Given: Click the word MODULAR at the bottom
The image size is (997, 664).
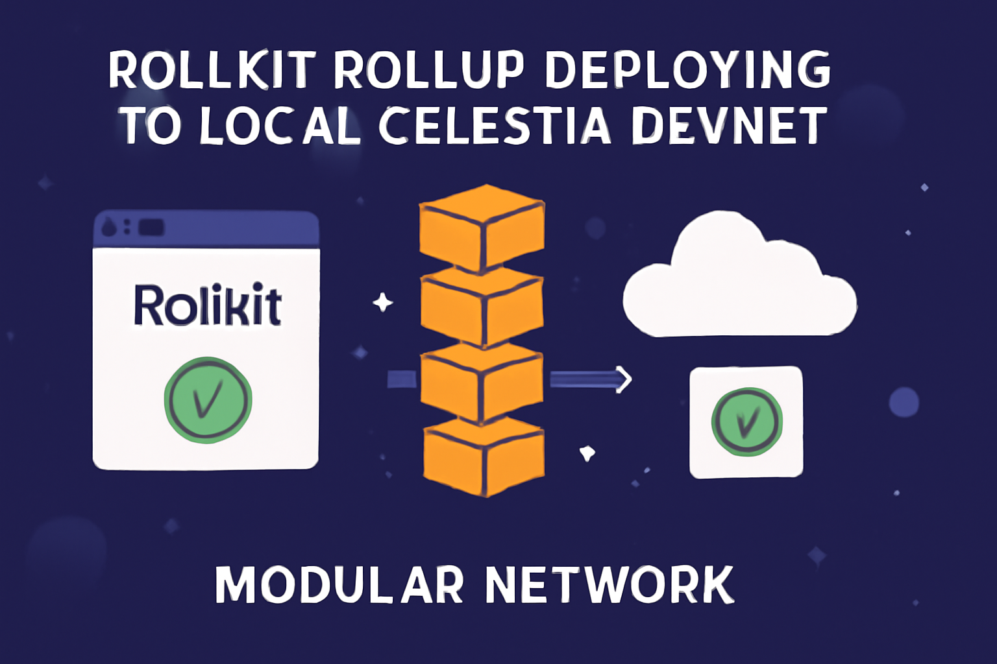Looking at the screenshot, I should coord(339,585).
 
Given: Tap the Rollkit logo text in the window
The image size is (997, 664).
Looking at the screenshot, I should coord(207,305).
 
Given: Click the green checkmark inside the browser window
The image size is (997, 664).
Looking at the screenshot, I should coord(208,400).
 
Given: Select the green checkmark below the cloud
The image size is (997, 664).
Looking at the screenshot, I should coord(746,422).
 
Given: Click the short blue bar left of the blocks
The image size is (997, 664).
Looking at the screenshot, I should coord(402,379).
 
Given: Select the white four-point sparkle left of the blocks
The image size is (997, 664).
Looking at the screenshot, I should coord(382,303).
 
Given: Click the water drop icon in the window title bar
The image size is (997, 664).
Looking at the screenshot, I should coord(109,228).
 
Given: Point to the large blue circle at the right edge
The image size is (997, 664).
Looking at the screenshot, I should coord(904,402).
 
